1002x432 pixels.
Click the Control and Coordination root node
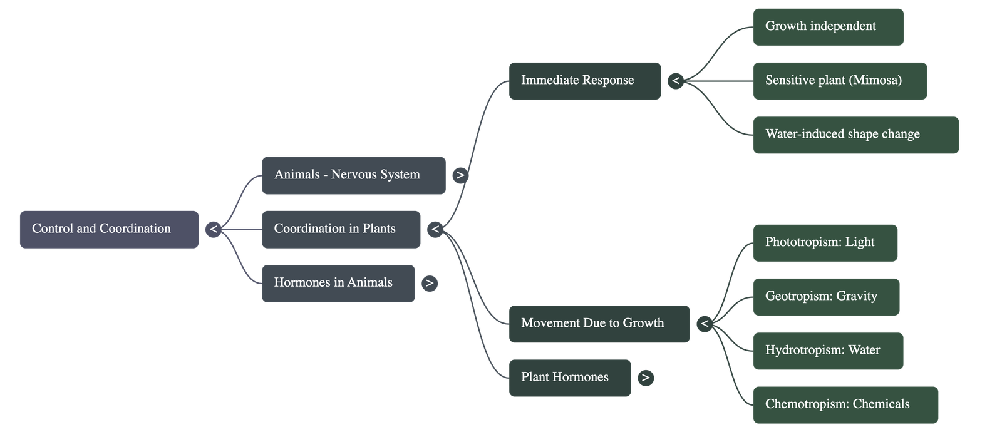(x=109, y=229)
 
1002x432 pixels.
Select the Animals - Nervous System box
(x=353, y=175)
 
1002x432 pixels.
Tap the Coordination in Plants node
(x=341, y=229)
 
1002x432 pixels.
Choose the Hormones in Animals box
(x=338, y=283)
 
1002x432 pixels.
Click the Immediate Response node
(x=585, y=81)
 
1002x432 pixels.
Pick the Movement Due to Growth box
(x=599, y=324)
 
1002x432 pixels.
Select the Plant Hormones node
(x=570, y=378)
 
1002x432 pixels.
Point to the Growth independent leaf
(x=828, y=27)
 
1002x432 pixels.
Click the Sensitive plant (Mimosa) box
(x=840, y=81)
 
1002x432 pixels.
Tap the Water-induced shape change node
(x=855, y=135)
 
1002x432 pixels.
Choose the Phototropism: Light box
(x=825, y=243)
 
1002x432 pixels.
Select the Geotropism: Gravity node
(x=826, y=297)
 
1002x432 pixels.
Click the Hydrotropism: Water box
(x=828, y=351)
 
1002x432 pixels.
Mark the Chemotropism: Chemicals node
(x=845, y=404)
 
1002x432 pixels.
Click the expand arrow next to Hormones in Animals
(x=429, y=283)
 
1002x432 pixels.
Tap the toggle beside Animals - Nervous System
(x=460, y=175)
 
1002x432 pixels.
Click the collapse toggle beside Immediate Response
(x=676, y=81)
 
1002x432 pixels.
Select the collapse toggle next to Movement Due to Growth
(x=705, y=324)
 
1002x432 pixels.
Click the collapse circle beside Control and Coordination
(x=214, y=229)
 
